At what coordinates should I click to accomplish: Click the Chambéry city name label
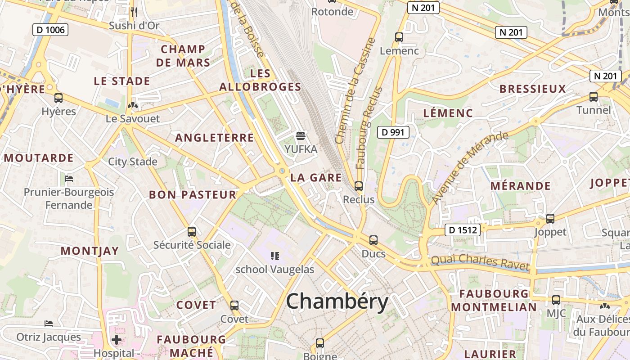pos(337,301)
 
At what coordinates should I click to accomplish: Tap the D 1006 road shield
pos(50,30)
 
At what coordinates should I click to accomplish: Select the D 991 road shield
pos(393,132)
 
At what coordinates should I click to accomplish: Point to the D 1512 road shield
pos(463,230)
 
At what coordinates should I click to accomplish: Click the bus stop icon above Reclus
pos(358,186)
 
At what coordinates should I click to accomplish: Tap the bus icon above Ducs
pos(373,240)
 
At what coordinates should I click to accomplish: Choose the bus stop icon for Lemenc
pos(399,37)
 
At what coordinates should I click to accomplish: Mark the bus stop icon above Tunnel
pos(594,97)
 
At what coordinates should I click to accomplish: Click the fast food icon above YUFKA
pos(301,135)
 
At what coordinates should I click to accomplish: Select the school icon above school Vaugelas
pos(275,256)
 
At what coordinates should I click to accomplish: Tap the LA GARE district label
pos(316,177)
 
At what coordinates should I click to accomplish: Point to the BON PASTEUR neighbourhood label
pos(193,195)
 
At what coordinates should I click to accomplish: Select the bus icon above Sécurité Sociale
pos(192,232)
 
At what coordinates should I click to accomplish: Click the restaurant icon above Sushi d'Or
pos(134,12)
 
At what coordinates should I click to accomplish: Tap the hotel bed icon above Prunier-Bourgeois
pos(69,179)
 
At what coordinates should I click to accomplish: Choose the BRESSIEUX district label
pos(532,89)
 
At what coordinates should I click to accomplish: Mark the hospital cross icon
pos(117,339)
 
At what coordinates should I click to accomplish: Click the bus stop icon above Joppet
pos(550,219)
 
